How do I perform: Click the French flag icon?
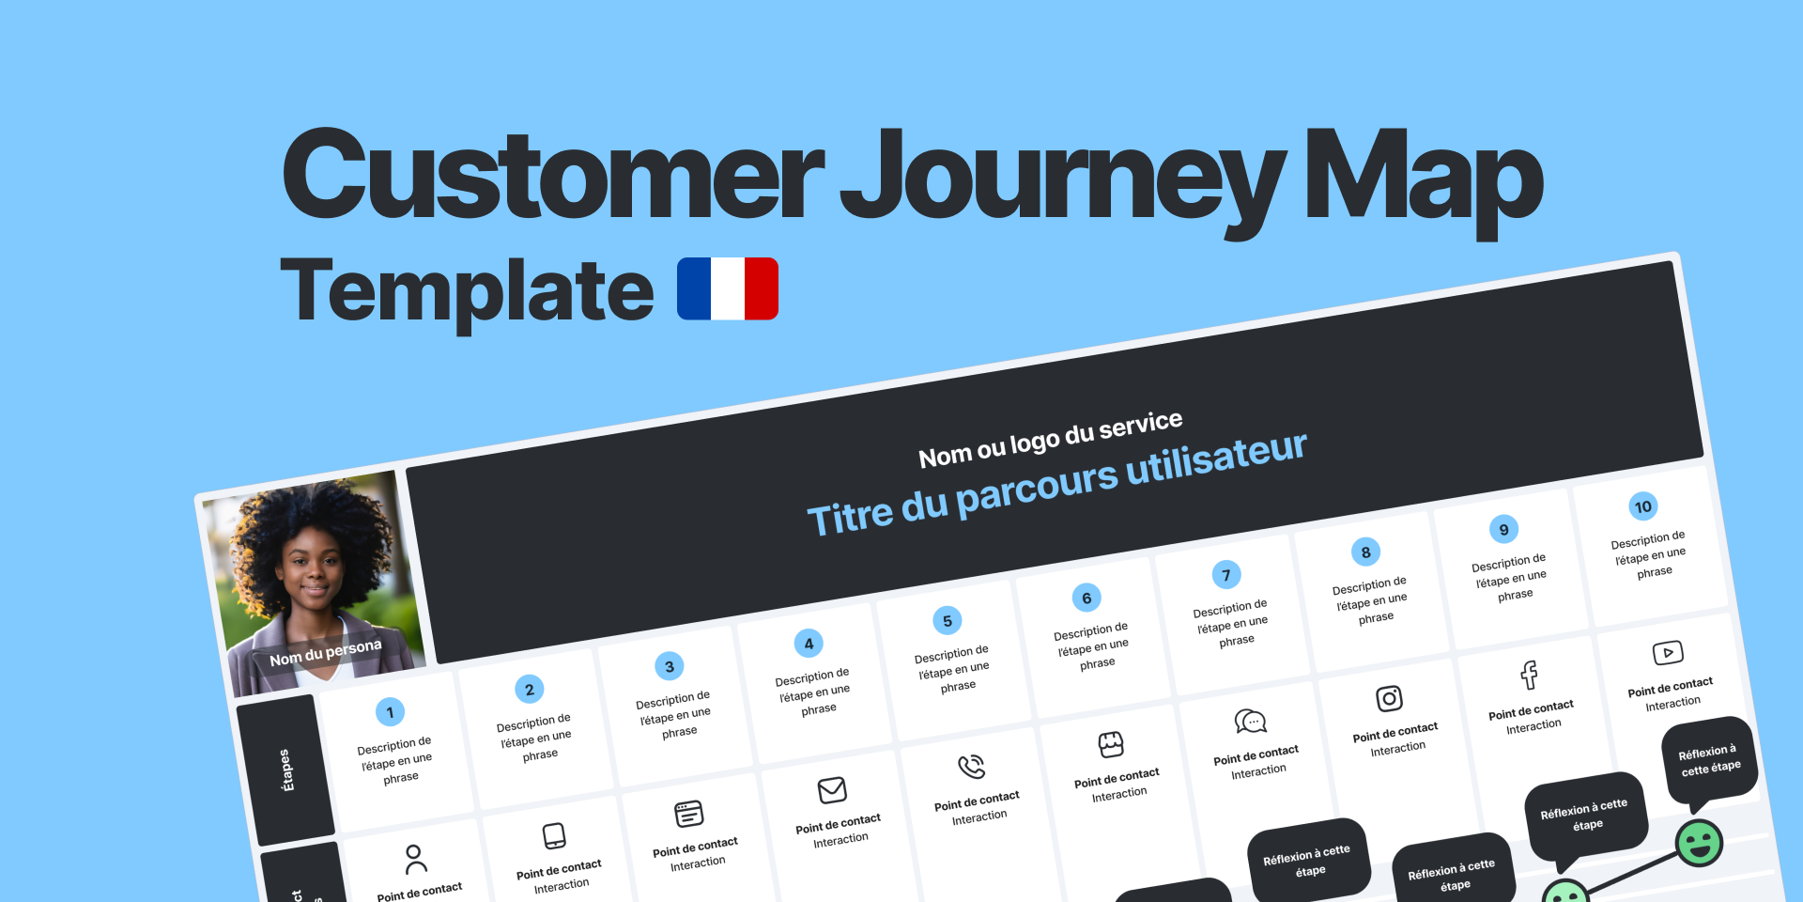728,289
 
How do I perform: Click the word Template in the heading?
467,291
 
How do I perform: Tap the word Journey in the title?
1062,179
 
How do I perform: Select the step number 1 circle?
390,712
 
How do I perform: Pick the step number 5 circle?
947,621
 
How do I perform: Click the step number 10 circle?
1642,507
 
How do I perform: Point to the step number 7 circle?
1225,575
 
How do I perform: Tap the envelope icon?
832,790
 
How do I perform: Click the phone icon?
971,767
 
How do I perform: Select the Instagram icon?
1389,698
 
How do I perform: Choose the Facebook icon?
1529,675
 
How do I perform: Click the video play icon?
1668,653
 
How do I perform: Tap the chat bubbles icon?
1250,722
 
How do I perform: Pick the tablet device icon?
554,835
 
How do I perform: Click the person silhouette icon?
414,858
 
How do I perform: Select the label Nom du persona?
326,652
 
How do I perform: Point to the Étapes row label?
286,770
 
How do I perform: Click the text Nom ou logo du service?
1050,439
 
